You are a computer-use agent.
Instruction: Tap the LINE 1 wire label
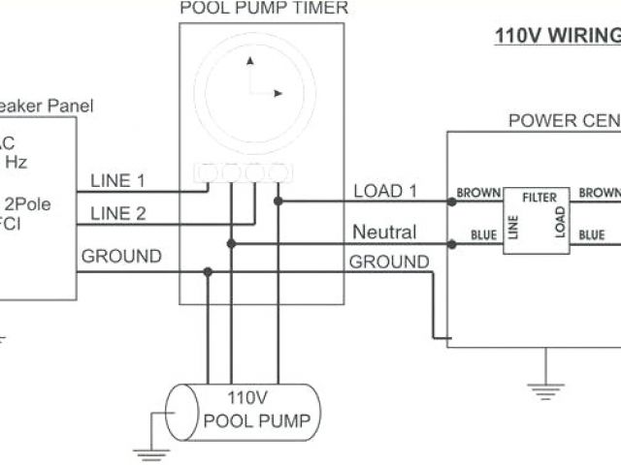pyautogui.click(x=117, y=180)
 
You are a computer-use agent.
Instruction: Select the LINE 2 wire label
pyautogui.click(x=117, y=213)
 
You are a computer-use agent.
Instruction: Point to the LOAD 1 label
pyautogui.click(x=385, y=191)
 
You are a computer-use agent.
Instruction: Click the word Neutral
pyautogui.click(x=384, y=232)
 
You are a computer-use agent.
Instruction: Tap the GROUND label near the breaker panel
pyautogui.click(x=120, y=257)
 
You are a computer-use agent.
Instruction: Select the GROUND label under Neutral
pyautogui.click(x=388, y=262)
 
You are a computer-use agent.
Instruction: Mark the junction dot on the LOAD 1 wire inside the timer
pyautogui.click(x=278, y=201)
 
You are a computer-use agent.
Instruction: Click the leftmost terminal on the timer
pyautogui.click(x=209, y=172)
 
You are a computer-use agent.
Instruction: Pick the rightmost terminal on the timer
pyautogui.click(x=278, y=172)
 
